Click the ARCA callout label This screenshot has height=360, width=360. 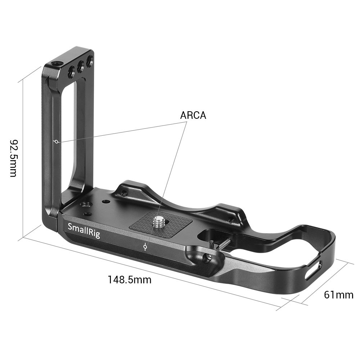(193, 116)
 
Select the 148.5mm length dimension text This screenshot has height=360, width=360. (130, 279)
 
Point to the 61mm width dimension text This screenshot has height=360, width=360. (338, 295)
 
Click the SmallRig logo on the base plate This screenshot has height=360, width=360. (84, 230)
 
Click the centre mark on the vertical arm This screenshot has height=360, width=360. (56, 141)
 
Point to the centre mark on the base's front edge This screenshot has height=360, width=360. (145, 247)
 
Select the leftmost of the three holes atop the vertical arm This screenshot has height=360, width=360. (71, 72)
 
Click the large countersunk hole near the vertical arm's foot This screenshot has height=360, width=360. (86, 205)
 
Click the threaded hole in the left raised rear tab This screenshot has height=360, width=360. (124, 193)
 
